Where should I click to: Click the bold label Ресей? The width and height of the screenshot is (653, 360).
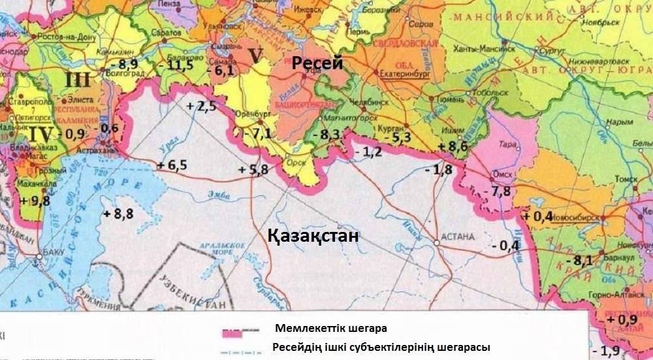click(317, 64)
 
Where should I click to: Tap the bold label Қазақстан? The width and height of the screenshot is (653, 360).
click(313, 237)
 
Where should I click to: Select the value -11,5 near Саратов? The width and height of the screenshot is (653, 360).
click(176, 65)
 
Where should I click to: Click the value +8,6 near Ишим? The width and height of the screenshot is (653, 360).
click(453, 147)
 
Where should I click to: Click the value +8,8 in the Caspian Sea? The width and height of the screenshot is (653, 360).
click(118, 214)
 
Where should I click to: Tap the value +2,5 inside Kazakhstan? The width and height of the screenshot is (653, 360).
click(201, 107)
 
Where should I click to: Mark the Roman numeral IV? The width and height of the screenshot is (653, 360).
click(40, 135)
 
